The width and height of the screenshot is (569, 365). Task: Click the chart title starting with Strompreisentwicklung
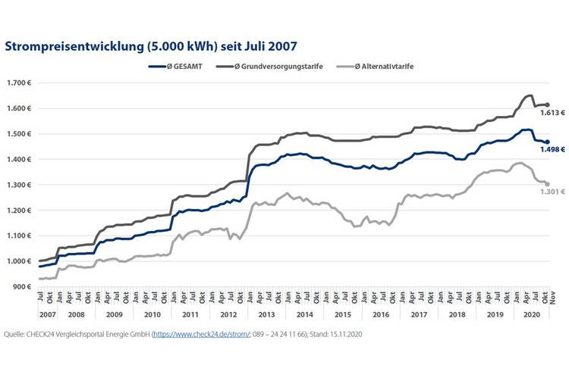150,46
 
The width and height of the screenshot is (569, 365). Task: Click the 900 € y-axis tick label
21,287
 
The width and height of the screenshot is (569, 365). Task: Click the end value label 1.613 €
553,113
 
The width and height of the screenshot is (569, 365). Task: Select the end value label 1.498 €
553,149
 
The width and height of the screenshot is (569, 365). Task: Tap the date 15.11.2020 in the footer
357,332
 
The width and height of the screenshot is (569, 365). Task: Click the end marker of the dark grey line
547,105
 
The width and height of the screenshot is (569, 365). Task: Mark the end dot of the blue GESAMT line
547,142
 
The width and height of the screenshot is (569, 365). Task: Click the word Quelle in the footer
16,332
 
